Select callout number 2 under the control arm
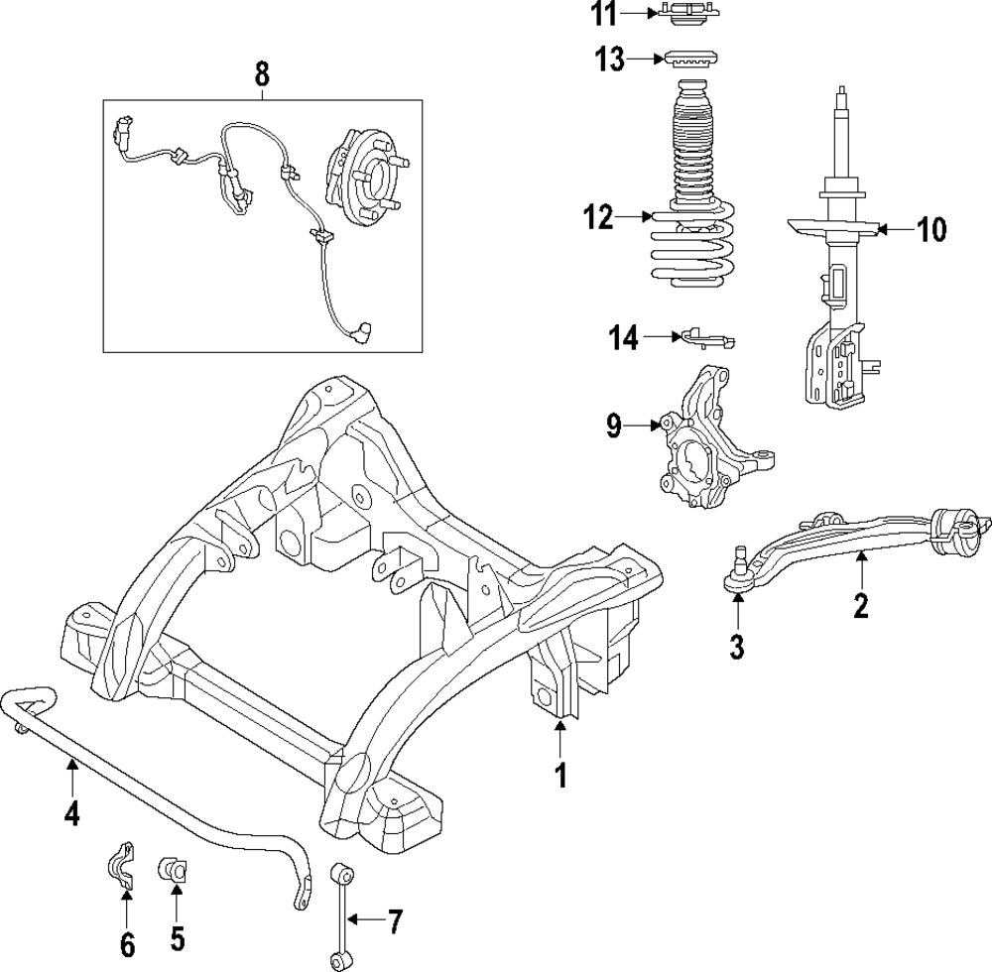click(x=860, y=604)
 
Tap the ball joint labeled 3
click(x=739, y=574)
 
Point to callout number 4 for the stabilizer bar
click(x=71, y=813)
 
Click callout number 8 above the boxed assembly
click(x=261, y=72)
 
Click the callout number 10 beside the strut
click(x=931, y=230)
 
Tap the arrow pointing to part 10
click(x=891, y=230)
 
